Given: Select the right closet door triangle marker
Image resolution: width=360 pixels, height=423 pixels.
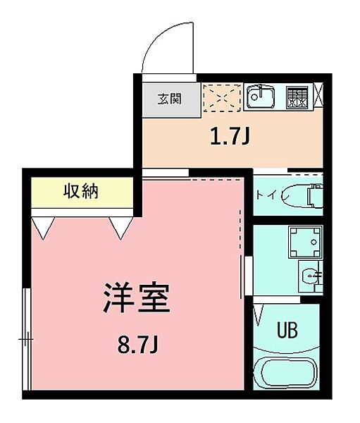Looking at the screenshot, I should point(120,227).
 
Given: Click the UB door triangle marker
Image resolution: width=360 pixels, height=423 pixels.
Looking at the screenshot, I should point(260,311).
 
